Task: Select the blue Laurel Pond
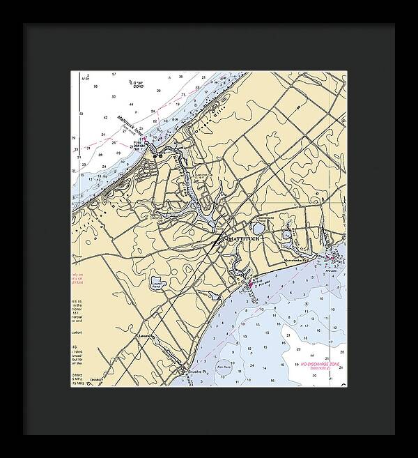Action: [156, 282]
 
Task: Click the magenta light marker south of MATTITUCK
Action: [250, 284]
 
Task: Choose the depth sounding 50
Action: [82, 113]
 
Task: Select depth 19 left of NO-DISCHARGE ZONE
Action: [297, 365]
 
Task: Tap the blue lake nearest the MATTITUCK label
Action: [258, 229]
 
